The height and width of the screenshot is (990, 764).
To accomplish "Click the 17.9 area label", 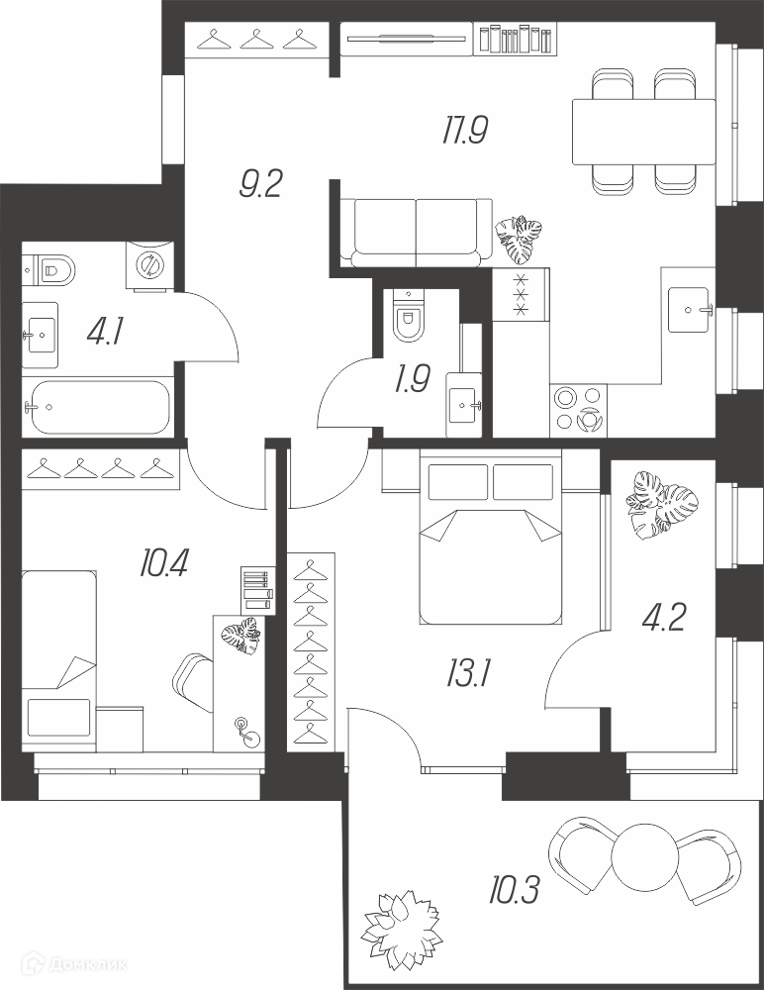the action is (x=465, y=132).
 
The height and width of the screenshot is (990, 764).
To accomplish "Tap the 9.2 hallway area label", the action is (x=259, y=184).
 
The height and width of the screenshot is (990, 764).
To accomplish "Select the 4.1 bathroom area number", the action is (x=104, y=332).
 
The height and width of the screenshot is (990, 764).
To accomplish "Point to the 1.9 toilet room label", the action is (x=412, y=380).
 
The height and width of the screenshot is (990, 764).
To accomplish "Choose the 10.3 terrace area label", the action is (x=513, y=891).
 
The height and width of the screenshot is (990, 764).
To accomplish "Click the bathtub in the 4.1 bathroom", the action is (x=97, y=407).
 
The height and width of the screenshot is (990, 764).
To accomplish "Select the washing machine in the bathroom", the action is (x=149, y=265).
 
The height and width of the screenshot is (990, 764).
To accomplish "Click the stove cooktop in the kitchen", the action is (x=578, y=410).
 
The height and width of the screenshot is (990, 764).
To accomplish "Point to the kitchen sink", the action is (x=689, y=309).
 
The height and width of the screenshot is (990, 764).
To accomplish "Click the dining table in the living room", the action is (x=643, y=132).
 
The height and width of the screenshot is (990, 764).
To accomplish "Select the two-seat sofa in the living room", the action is (x=416, y=233).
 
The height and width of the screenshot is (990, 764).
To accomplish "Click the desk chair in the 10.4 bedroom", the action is (x=193, y=683).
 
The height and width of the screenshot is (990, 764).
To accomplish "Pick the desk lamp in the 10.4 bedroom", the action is (x=247, y=732).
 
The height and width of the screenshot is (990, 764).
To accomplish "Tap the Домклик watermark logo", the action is (x=74, y=964).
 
